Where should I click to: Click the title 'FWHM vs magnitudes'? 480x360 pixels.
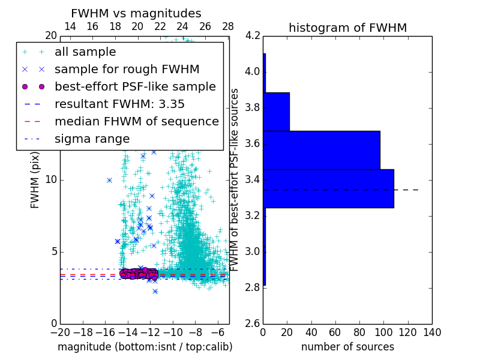click(x=136, y=13)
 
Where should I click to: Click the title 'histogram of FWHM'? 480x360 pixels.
click(x=347, y=28)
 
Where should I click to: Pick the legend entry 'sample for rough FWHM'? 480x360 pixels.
click(x=127, y=69)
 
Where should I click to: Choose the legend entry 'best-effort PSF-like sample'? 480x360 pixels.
click(x=135, y=86)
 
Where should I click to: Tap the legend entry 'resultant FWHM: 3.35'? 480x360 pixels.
click(x=119, y=104)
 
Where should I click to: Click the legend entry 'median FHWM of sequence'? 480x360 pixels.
click(x=136, y=121)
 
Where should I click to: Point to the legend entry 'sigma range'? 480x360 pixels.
click(x=92, y=139)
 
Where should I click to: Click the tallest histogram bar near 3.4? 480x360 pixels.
click(x=328, y=188)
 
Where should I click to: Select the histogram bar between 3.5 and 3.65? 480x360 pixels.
click(x=322, y=150)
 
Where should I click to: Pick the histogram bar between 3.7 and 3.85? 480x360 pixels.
click(x=276, y=112)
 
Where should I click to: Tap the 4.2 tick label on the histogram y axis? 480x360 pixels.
click(x=253, y=36)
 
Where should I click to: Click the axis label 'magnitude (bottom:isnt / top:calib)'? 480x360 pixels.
click(x=145, y=347)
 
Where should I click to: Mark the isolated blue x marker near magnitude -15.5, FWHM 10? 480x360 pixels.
click(x=109, y=180)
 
